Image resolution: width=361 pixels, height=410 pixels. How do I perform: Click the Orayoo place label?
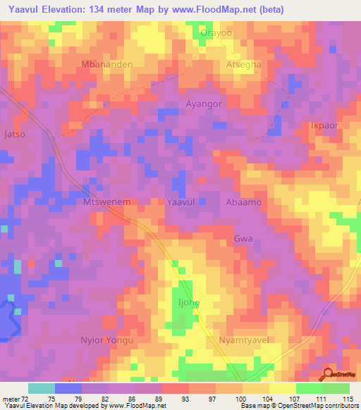[216, 32]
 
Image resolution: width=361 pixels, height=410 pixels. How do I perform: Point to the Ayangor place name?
[204, 104]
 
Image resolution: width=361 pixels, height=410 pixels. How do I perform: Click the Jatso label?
[15, 133]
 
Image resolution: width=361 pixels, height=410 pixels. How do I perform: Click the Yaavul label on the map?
[183, 201]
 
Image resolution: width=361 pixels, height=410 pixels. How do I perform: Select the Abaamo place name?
[244, 201]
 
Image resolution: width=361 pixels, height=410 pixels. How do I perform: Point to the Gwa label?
[243, 239]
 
